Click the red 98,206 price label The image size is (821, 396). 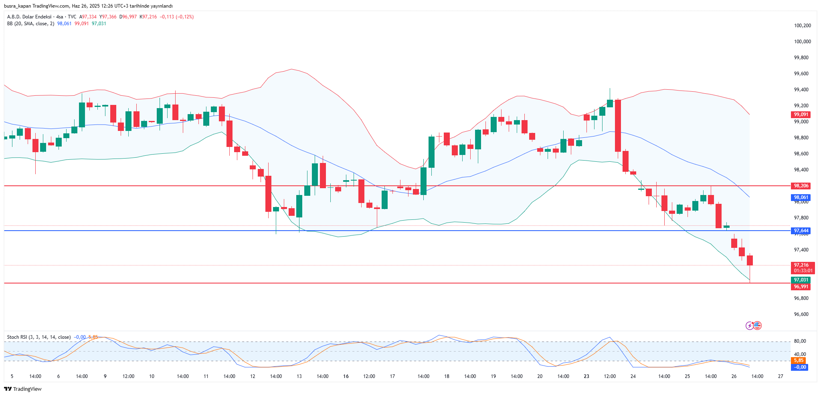tap(801, 186)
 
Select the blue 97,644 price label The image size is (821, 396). tap(801, 231)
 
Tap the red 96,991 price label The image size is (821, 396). tap(801, 287)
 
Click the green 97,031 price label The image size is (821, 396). tap(801, 280)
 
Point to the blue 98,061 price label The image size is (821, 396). tap(801, 197)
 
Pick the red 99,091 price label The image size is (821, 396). tap(801, 115)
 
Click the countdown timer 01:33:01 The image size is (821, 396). tap(803, 271)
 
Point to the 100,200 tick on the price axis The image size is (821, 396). tap(802, 26)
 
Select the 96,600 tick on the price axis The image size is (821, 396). tap(801, 314)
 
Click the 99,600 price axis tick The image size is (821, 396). tap(801, 74)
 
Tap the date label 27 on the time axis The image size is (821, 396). tap(780, 376)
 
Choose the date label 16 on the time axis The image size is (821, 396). tap(346, 376)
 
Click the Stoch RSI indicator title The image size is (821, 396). tap(38, 337)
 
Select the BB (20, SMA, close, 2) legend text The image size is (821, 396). tap(30, 24)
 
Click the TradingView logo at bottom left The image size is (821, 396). tap(23, 389)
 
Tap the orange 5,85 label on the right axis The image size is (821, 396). tap(799, 360)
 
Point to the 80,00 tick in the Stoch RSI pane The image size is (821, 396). tap(800, 341)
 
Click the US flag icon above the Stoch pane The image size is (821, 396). tap(757, 326)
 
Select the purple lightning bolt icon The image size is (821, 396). tap(749, 326)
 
